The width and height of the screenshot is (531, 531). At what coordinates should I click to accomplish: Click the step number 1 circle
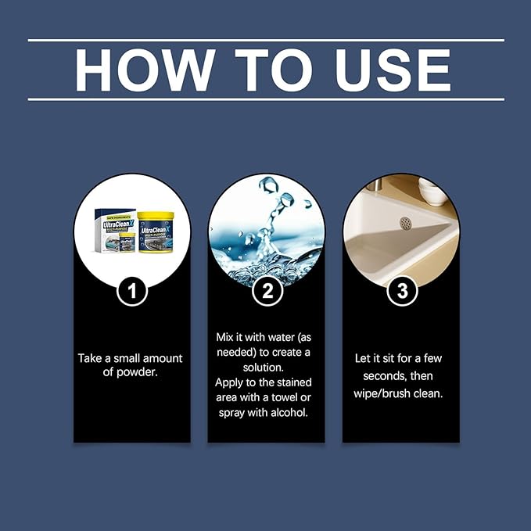coord(132,292)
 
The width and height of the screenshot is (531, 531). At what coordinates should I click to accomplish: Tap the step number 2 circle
coord(267,292)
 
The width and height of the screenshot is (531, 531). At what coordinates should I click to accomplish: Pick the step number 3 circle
coord(402,292)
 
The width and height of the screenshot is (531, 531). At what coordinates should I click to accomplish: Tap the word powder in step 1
coord(140,371)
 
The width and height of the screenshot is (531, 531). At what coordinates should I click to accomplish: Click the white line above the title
coord(266,40)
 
